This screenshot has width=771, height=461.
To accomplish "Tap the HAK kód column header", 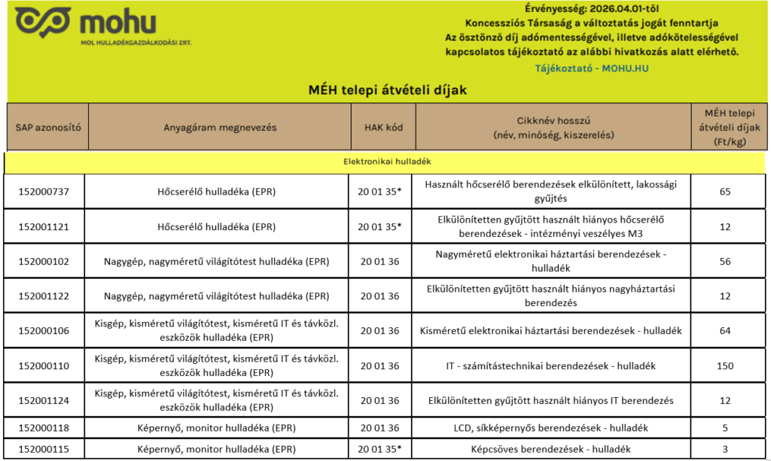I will pos(382,127).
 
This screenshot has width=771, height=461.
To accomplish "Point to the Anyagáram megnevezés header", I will pos(220,127).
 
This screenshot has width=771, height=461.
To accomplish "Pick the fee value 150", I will pos(725,365).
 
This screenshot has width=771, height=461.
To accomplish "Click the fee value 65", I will pos(725,192).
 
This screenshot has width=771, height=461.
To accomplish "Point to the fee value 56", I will pos(725,261).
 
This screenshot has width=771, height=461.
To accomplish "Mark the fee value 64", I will pos(725,331).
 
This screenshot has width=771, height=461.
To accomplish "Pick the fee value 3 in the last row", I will pos(725,449).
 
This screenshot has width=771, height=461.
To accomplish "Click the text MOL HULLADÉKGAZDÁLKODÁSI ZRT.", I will pos(136,42).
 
